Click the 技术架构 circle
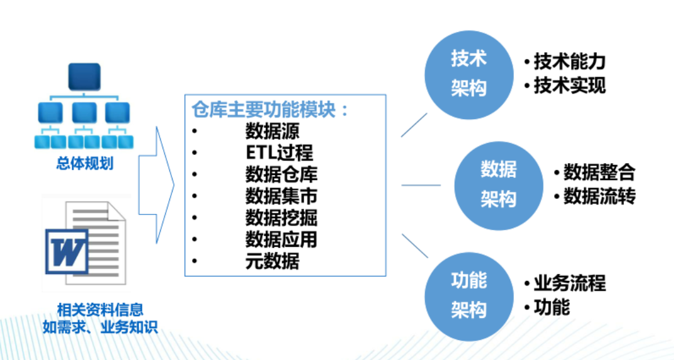[469, 75]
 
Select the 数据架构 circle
[499, 186]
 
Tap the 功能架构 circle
[469, 297]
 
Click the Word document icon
[86, 243]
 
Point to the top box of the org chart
[84, 77]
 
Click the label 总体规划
[85, 163]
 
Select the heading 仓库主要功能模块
[264, 110]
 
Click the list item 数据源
[272, 131]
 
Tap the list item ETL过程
[279, 152]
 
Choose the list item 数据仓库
[281, 174]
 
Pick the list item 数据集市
[281, 196]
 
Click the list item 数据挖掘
[281, 218]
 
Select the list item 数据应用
[281, 240]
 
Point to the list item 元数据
[272, 261]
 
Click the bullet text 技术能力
[570, 62]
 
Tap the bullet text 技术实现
[570, 85]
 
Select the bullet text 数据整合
[599, 172]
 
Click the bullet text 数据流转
[599, 196]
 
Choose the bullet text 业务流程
[570, 283]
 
